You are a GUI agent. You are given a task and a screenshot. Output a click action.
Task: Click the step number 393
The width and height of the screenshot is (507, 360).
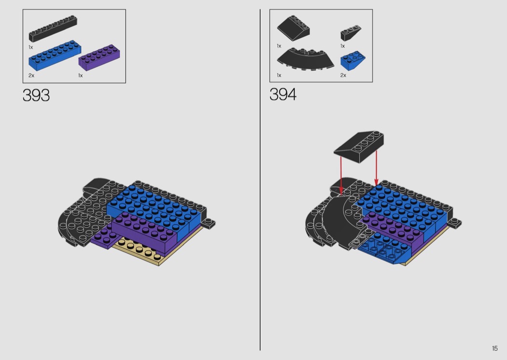[36, 96]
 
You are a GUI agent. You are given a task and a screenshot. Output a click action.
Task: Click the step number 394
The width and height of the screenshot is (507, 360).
[283, 95]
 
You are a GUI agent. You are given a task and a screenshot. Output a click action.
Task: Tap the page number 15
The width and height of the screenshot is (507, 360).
[495, 348]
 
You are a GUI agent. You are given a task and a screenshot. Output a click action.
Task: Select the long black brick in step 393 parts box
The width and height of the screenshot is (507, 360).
[53, 29]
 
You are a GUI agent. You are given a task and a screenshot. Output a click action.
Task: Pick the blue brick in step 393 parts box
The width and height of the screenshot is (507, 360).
[55, 55]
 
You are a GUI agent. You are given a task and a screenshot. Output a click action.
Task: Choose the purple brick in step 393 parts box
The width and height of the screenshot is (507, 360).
[100, 58]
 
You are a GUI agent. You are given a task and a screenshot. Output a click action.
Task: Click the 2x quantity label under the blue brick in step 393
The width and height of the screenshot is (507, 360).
[31, 76]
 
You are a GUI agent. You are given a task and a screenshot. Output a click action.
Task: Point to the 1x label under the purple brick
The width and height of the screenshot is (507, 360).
[81, 76]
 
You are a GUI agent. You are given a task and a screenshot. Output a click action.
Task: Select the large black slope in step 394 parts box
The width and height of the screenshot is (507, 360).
[293, 28]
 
